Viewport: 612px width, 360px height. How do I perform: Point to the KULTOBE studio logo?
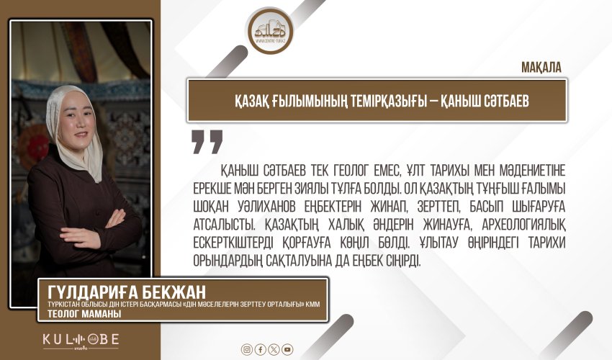(80, 339)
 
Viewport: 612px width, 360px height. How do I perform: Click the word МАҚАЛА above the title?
(541, 67)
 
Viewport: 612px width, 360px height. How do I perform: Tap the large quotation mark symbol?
(207, 141)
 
